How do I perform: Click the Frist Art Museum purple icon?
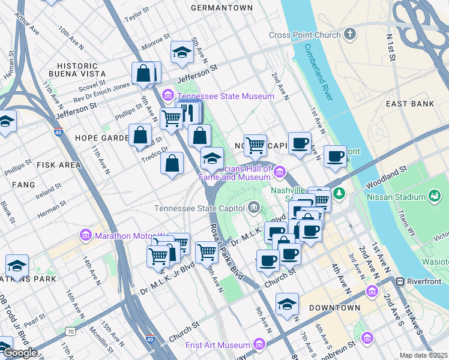pos(259,344)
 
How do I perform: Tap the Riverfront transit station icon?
pos(399,282)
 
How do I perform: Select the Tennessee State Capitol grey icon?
pos(254,208)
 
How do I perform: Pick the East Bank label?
pos(410,104)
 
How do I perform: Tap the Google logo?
pos(19,353)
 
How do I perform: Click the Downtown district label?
pos(334,308)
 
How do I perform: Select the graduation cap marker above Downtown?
pos(288,304)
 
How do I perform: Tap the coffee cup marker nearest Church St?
pos(268,260)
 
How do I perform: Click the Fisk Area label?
pos(58,164)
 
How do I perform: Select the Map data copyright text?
pos(424,355)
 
